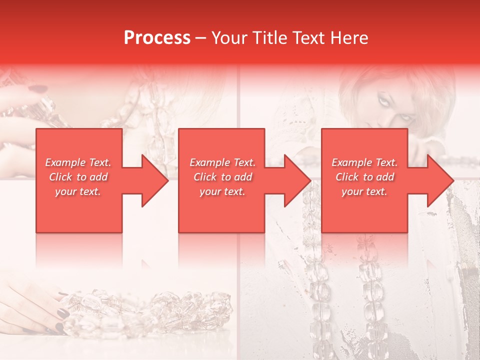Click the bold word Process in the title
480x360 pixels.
(x=157, y=38)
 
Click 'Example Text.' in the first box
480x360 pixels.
(x=78, y=162)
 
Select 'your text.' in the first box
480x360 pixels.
(x=78, y=191)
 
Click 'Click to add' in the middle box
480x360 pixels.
(x=222, y=177)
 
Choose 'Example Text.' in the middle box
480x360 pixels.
(x=222, y=162)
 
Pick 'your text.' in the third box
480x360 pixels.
(x=364, y=191)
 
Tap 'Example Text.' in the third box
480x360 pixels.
(x=364, y=162)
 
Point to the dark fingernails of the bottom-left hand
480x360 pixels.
(x=62, y=313)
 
